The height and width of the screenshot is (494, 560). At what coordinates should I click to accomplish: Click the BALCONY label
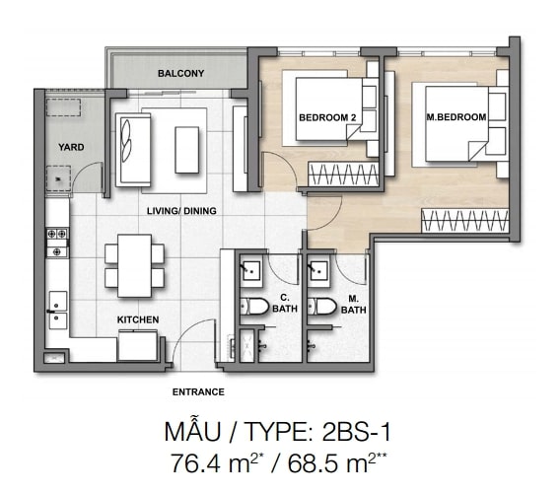pos(181,73)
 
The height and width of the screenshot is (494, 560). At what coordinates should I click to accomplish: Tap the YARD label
pos(71,147)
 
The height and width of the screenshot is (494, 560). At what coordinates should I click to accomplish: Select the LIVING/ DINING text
pos(181,211)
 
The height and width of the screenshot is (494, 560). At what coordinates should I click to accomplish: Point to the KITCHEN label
pos(138,319)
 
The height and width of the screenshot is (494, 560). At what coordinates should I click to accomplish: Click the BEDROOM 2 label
pos(327,117)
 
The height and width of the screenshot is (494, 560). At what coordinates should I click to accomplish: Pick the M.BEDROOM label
pos(456,117)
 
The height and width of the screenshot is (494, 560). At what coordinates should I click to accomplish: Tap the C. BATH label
pos(285,303)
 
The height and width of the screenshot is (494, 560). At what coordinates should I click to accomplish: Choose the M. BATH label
pos(354,305)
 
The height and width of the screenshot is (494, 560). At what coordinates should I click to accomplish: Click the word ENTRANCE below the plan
pos(198,392)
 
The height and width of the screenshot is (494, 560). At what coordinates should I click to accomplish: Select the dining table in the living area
pos(135,265)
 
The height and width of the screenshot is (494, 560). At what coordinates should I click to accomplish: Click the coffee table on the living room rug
pos(186,150)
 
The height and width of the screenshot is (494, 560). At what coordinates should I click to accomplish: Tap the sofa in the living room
pos(133,150)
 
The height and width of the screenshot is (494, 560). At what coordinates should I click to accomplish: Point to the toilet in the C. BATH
pos(254,307)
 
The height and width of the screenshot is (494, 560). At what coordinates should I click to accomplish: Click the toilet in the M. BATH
pos(322,307)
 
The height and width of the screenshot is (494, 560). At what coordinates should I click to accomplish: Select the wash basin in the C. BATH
pos(250,271)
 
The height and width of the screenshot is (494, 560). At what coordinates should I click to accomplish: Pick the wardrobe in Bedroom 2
pos(343,175)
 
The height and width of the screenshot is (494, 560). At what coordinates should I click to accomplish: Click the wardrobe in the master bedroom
pos(465,221)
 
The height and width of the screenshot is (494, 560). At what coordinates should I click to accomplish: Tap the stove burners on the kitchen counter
pos(57,243)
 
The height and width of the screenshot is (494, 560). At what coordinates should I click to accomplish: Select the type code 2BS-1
pos(357,432)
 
